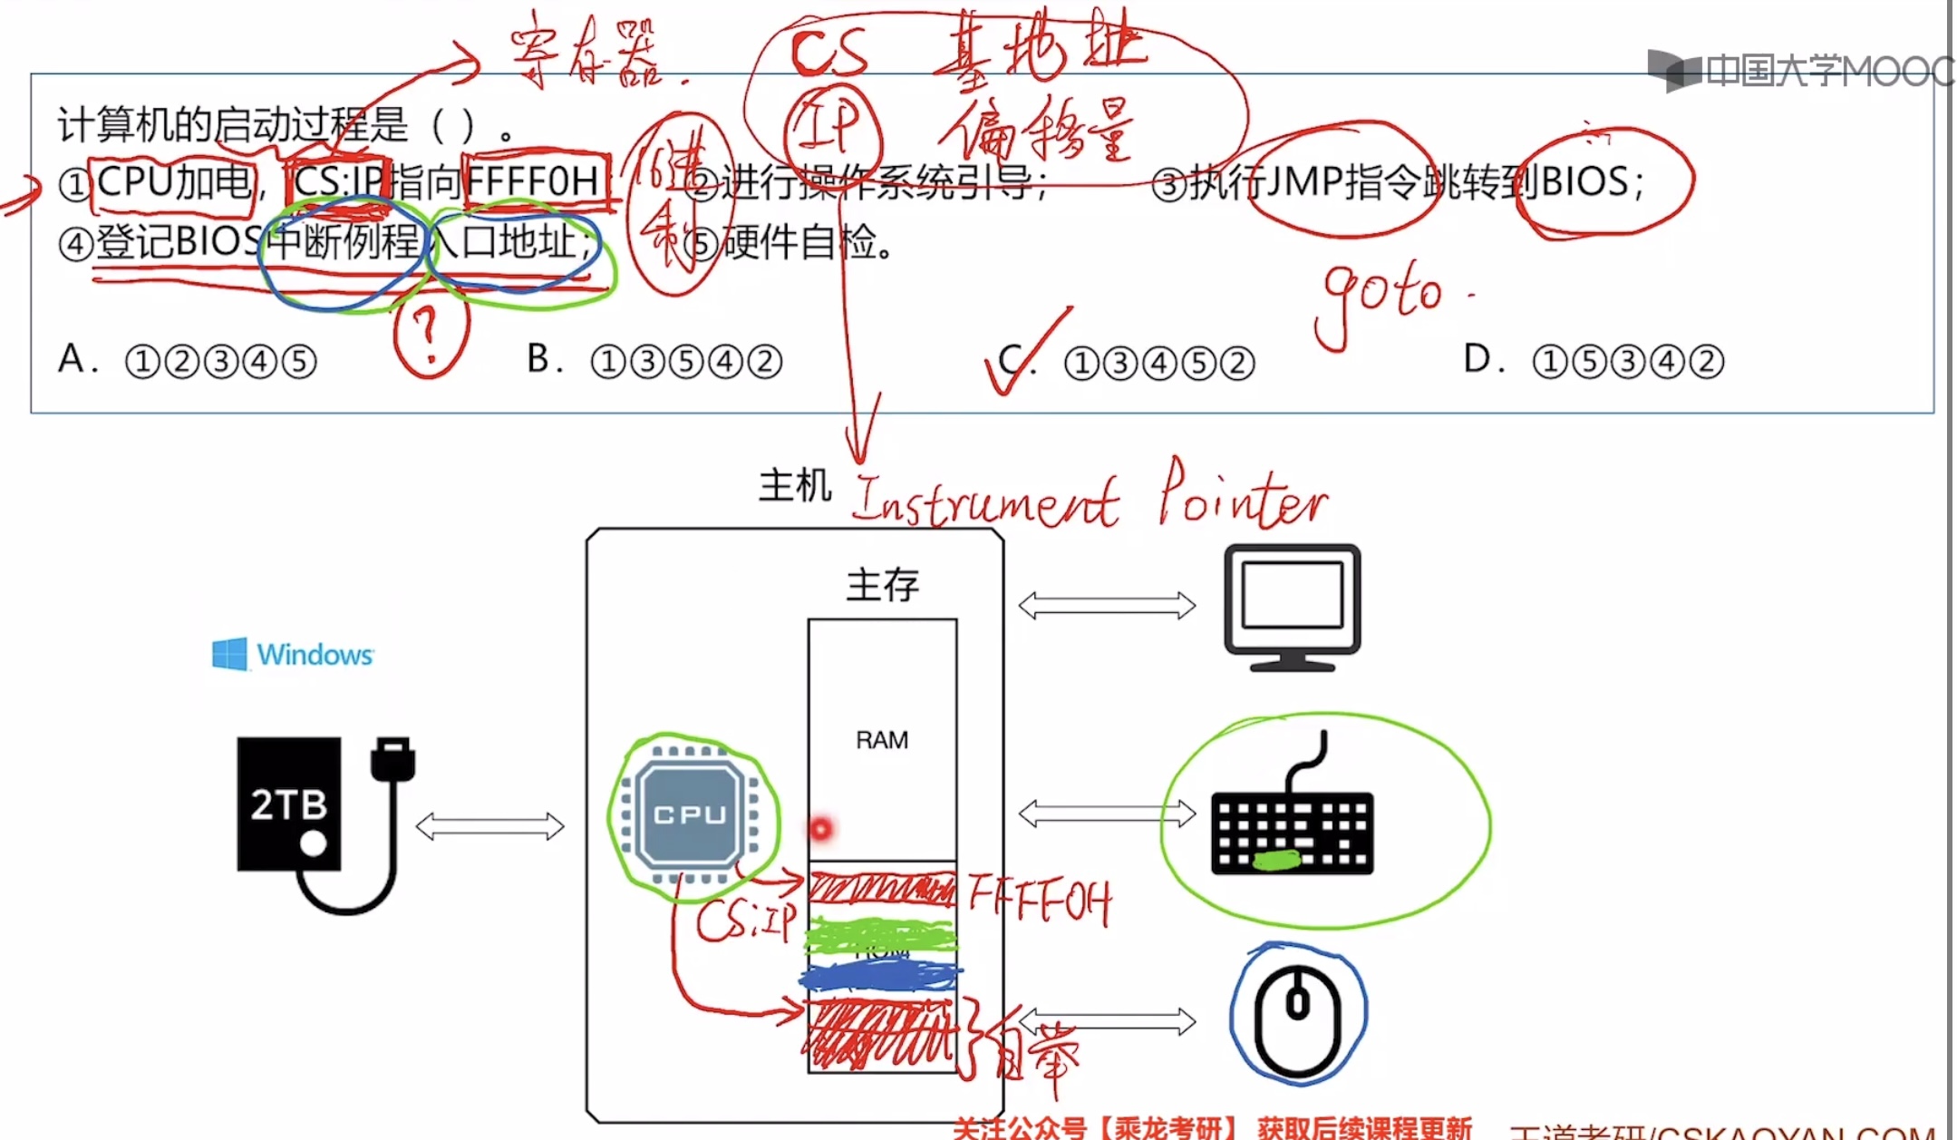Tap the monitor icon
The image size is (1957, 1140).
click(1292, 605)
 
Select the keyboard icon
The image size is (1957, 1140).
click(1292, 831)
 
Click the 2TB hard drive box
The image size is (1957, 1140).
click(289, 804)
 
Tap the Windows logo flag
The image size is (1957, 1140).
click(229, 654)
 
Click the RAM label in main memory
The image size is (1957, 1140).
click(881, 740)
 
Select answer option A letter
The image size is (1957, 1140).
click(72, 359)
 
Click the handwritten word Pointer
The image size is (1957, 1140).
click(1242, 497)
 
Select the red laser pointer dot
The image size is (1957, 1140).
click(821, 828)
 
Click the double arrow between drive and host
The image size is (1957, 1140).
click(489, 826)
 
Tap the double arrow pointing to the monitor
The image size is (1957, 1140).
click(1107, 605)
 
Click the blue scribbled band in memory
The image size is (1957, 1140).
click(879, 976)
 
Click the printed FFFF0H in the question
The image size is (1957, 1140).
click(533, 181)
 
